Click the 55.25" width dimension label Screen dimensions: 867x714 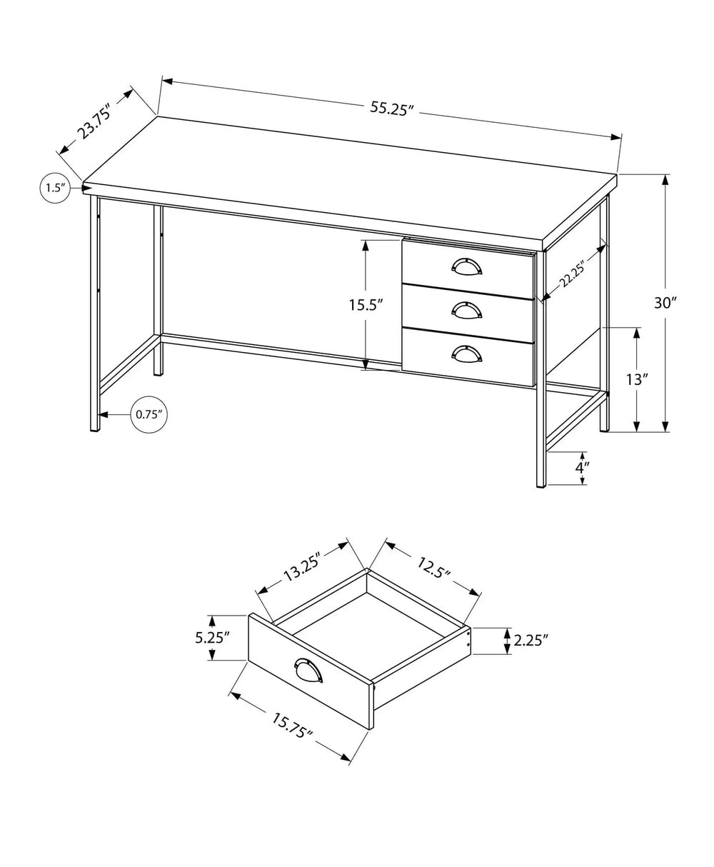coord(392,109)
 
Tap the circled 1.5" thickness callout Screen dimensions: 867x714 coord(55,188)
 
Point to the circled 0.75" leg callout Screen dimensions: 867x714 coord(149,414)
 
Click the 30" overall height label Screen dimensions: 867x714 coord(685,302)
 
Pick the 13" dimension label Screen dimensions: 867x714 coord(636,379)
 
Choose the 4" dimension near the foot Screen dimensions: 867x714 coord(583,468)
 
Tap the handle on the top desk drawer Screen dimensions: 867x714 coord(467,266)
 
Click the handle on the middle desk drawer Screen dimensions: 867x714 coord(467,309)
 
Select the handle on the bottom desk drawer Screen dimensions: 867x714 coord(467,352)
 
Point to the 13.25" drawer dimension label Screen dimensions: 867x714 coord(300,566)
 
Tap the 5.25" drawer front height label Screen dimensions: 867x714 coord(212,637)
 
